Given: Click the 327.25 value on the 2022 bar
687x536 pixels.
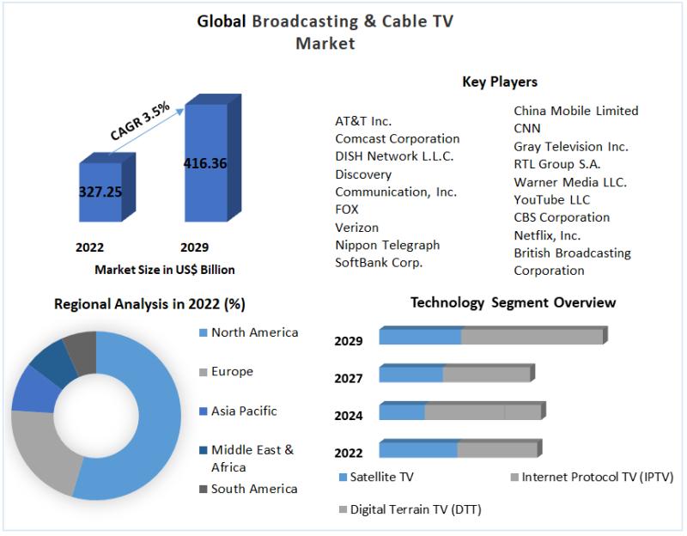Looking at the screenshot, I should coord(100,191).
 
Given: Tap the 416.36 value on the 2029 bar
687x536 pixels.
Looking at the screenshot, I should coord(205,162).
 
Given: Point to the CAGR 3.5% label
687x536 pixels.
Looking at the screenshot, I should coord(140,122).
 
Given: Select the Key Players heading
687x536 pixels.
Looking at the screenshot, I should coord(500,82).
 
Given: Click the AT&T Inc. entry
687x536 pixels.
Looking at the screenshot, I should coord(363,121).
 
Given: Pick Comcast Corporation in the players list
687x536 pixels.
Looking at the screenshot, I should coord(397,138).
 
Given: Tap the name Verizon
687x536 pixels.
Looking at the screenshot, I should coord(356,227).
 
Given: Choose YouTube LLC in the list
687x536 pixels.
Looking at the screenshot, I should coord(552,199).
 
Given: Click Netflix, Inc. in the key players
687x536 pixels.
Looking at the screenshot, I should coord(547,234).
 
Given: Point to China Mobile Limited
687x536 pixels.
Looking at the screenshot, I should coord(575,111).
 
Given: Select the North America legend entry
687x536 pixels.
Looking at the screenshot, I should coord(254,332).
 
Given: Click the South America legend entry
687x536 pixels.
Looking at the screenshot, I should coord(254,489).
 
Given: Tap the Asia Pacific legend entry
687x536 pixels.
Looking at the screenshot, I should coord(244,411).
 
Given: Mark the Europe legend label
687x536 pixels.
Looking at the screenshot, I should coord(232,372).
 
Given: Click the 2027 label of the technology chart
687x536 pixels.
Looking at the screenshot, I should coord(349,378).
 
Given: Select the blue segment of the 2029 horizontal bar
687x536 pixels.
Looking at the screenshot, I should coord(420,336).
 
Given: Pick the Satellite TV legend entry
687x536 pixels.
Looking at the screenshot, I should coord(381,477).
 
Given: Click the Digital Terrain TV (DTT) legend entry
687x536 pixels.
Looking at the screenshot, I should coord(415,509).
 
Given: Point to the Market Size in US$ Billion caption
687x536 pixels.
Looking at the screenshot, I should coord(164,270).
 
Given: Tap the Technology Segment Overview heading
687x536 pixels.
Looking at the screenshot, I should coord(513,302).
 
